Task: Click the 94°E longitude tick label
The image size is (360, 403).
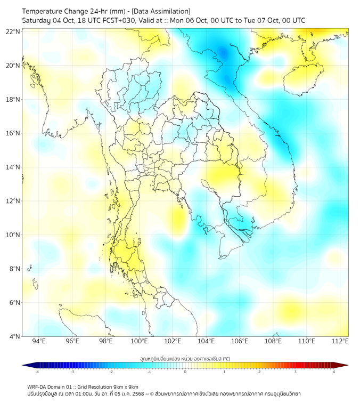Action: pyautogui.click(x=39, y=342)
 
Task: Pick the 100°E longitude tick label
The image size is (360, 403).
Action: pyautogui.click(x=139, y=342)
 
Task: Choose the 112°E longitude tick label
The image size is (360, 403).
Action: pyautogui.click(x=340, y=342)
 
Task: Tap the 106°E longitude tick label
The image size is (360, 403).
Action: pyautogui.click(x=240, y=342)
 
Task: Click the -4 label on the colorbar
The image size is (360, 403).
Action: pyautogui.click(x=37, y=372)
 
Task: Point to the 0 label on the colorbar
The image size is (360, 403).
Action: pyautogui.click(x=185, y=372)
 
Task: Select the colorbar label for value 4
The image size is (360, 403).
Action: pyautogui.click(x=333, y=372)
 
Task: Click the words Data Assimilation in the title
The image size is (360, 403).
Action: pyautogui.click(x=162, y=11)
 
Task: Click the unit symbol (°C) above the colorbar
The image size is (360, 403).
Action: pyautogui.click(x=226, y=359)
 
